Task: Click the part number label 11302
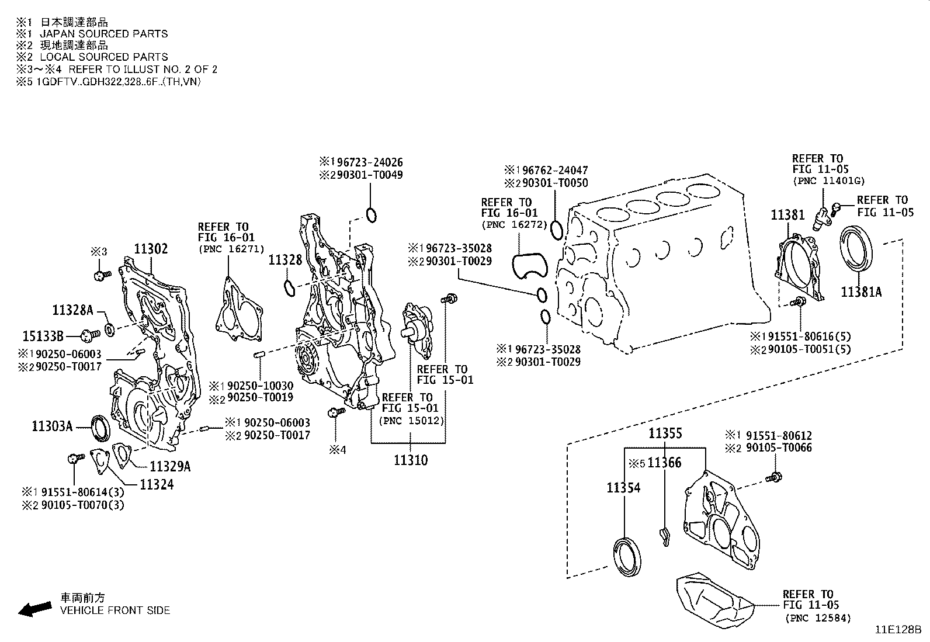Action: [151, 249]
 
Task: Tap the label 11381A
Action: [861, 291]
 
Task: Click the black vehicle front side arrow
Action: [33, 609]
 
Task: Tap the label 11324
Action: [156, 484]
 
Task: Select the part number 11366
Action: [665, 463]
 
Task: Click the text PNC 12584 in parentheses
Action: [817, 617]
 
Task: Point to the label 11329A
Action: [170, 466]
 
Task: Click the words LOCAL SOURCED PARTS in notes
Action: [104, 57]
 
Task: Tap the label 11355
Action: [665, 433]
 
